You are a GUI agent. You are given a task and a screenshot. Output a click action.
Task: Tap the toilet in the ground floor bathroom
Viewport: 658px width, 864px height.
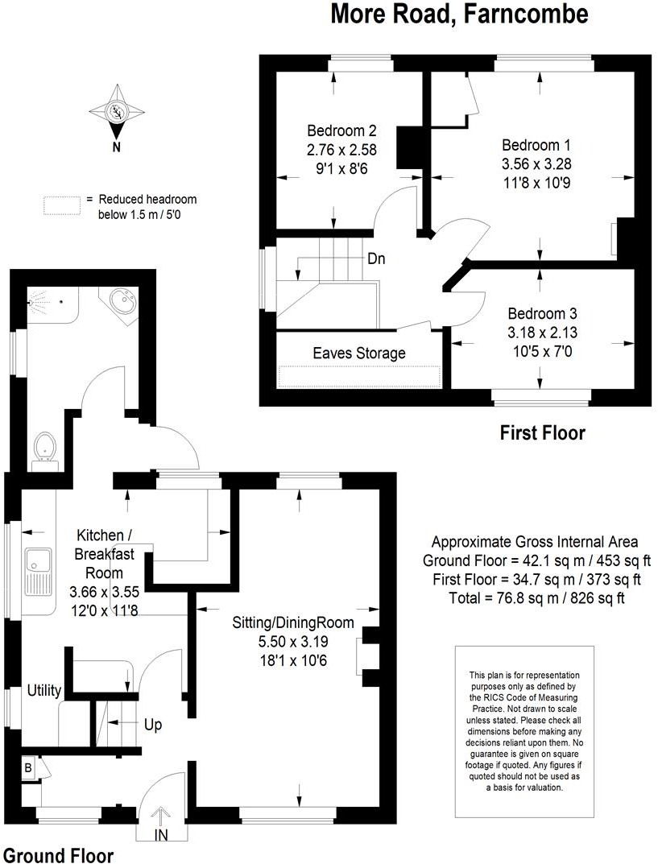tap(44, 447)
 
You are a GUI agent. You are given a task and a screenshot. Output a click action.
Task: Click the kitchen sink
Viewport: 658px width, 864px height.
tap(37, 569)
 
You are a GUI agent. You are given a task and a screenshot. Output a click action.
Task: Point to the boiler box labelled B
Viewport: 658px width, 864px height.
tap(28, 769)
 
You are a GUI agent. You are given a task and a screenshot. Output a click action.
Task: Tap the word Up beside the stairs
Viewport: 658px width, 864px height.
tap(153, 725)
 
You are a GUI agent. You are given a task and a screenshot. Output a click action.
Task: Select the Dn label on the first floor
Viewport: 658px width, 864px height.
tap(375, 259)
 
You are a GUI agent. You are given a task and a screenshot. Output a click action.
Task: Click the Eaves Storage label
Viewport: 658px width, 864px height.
tap(359, 353)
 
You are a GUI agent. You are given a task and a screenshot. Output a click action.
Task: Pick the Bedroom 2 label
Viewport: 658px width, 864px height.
tap(341, 130)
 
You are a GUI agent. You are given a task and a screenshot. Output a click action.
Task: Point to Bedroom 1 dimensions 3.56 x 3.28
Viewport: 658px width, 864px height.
tap(536, 163)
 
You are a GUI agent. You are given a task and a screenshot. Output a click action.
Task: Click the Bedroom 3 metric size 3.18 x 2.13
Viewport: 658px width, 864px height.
tap(543, 331)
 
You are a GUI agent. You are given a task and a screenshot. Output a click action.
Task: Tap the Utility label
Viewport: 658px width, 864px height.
tap(43, 690)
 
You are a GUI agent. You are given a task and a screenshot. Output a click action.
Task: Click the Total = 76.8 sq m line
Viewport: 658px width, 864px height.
tap(536, 597)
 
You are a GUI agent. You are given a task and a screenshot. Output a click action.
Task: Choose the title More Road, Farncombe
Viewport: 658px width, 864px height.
tap(460, 14)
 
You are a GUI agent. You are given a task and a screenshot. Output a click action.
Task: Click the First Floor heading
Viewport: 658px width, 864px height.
tap(542, 433)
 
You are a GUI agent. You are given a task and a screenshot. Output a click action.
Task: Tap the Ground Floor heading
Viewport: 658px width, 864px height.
tap(57, 854)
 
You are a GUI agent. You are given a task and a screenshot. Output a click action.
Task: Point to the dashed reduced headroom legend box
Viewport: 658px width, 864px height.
tap(63, 205)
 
